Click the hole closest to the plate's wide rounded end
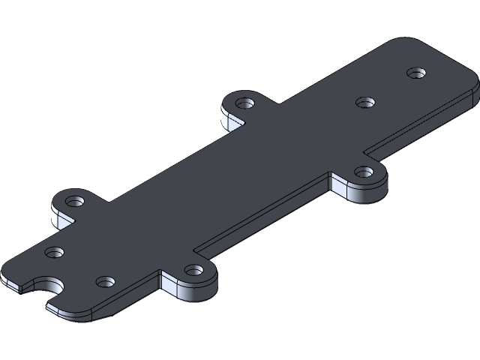(416, 73)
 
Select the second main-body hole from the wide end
(364, 103)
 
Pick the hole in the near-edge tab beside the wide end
(364, 172)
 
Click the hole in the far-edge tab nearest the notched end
(75, 202)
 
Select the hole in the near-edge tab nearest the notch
(193, 270)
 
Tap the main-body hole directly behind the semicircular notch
(54, 253)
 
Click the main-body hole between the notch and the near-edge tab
(105, 282)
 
